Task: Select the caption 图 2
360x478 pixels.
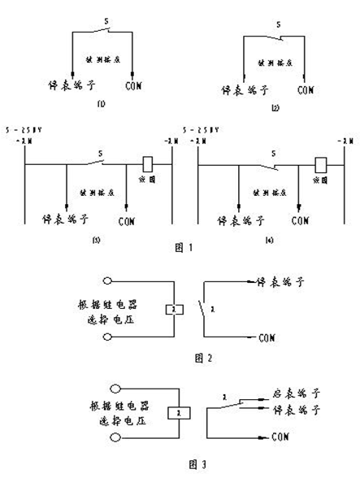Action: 180,357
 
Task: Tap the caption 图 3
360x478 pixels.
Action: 180,464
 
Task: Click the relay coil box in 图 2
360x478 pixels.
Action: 173,310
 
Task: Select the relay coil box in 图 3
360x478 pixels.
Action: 173,414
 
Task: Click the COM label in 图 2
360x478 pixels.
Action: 266,336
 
